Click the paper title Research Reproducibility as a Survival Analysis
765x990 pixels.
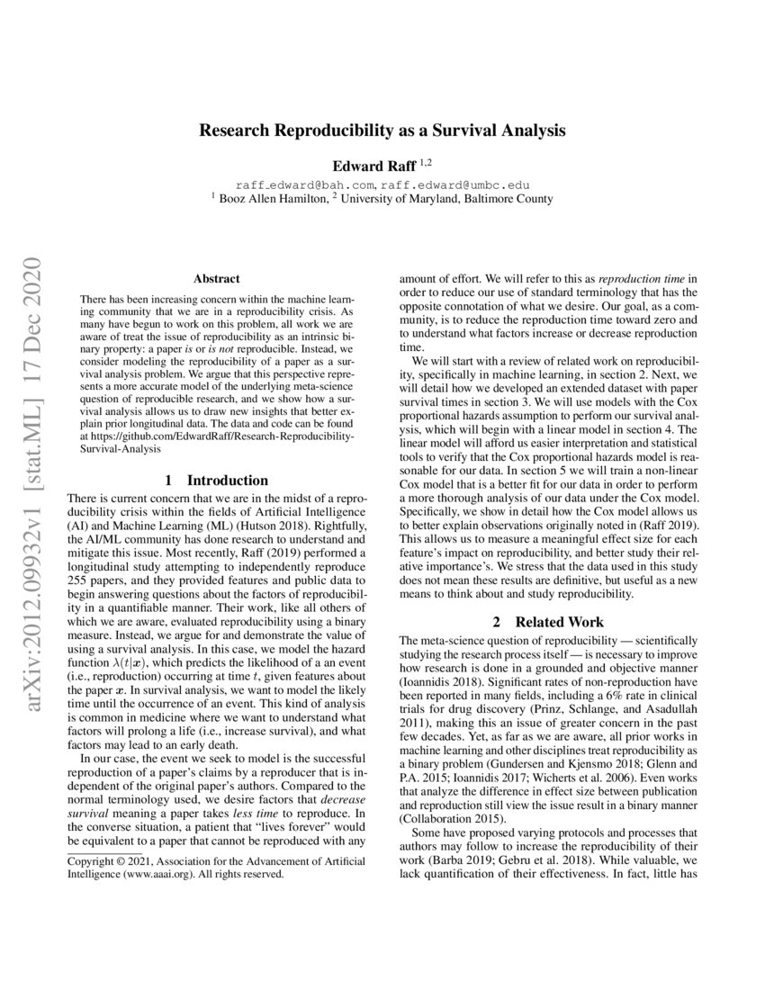coord(382,130)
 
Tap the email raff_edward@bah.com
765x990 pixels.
coord(303,184)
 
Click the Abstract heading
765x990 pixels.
coord(214,280)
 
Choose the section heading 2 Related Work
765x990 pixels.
coord(548,621)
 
